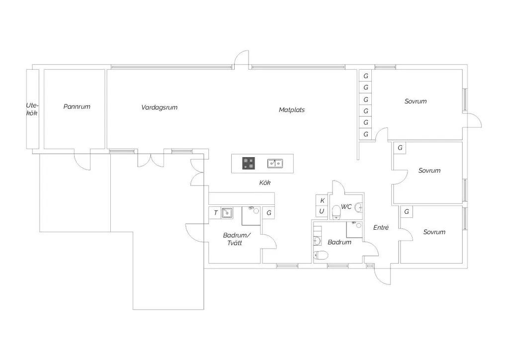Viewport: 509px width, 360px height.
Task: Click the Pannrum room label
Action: coord(77,106)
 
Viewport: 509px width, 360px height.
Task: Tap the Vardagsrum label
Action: coord(160,107)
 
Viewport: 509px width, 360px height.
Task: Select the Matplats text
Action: coord(292,110)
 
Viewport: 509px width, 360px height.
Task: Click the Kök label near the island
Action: coord(265,183)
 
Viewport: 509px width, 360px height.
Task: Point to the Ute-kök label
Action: coord(32,109)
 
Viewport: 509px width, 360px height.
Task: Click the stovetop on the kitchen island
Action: coord(249,163)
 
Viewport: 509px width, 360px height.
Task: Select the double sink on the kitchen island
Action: coord(275,163)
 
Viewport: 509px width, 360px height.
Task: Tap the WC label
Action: coord(346,206)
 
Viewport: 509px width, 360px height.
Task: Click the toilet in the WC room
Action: coord(336,212)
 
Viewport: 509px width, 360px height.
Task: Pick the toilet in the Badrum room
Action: coord(321,256)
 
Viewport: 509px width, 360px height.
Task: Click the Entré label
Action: coord(381,228)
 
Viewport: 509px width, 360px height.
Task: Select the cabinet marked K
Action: coord(322,200)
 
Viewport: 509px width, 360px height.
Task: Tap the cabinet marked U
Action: coord(322,211)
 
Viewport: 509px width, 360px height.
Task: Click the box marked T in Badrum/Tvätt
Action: coord(215,213)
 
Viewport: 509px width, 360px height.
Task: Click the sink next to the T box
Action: coord(227,213)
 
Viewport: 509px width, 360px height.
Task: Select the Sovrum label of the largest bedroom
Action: coord(416,101)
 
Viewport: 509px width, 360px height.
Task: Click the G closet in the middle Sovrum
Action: coord(400,148)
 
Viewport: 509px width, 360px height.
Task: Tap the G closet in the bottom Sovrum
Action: coord(407,212)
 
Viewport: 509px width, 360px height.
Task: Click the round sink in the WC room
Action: coord(359,207)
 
